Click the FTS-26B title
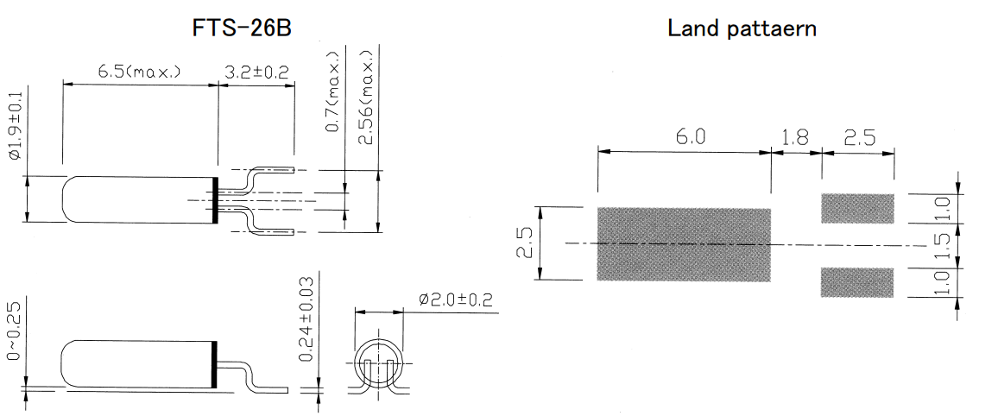(x=242, y=28)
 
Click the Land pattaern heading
(x=742, y=28)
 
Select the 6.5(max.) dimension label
(x=139, y=72)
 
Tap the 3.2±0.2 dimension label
(x=256, y=72)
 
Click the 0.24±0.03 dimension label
(x=306, y=319)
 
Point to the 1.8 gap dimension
(x=795, y=136)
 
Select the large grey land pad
(x=683, y=244)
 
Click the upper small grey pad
(x=856, y=208)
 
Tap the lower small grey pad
(x=856, y=282)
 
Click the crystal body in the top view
(x=138, y=199)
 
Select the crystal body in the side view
(x=138, y=365)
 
